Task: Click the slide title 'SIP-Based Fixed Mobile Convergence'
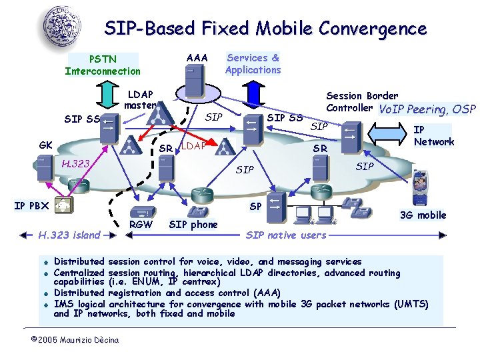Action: [265, 29]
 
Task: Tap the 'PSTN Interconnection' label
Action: [103, 65]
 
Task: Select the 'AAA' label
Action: [197, 58]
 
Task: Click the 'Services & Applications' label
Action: [253, 63]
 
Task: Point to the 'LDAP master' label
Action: [140, 100]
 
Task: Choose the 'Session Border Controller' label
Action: [361, 101]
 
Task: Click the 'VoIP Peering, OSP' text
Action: [427, 109]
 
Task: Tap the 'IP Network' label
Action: [434, 136]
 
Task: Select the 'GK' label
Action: [46, 145]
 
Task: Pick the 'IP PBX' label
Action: [31, 205]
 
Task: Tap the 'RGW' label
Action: [140, 225]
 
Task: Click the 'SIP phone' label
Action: [193, 225]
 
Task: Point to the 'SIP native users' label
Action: [286, 235]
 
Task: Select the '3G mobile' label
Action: [423, 215]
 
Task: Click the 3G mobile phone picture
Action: [421, 188]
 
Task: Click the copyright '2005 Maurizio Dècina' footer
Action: [75, 340]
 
